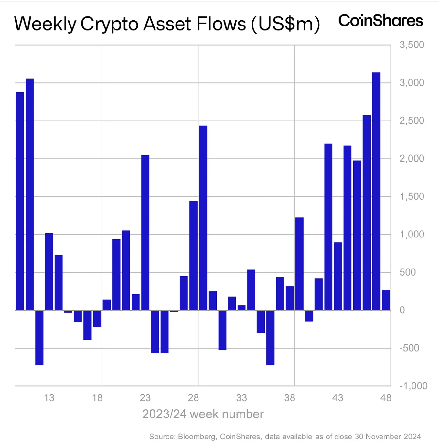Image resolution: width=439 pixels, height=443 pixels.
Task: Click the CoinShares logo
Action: point(380,21)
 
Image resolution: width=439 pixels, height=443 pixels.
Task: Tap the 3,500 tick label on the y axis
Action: point(412,45)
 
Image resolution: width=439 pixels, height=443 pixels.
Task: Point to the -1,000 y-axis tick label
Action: point(413,386)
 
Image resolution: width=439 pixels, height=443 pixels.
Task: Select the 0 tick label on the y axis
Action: point(402,310)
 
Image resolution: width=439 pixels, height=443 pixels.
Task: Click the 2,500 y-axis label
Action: point(412,121)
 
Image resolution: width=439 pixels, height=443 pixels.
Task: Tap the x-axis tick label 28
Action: point(193,398)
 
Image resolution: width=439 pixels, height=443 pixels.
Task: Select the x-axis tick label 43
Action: point(338,398)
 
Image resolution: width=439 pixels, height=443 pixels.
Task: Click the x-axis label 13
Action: point(49,398)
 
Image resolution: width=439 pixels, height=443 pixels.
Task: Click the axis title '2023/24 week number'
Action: point(203,414)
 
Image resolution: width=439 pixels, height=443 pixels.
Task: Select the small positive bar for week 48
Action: point(386,300)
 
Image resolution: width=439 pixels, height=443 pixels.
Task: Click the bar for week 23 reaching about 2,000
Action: point(145,233)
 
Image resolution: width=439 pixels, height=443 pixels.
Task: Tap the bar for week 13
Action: point(49,271)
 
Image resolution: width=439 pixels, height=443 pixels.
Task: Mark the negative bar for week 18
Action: point(97,319)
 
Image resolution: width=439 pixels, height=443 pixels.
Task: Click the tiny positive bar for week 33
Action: point(241,308)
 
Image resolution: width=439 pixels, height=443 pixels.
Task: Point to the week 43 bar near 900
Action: point(338,276)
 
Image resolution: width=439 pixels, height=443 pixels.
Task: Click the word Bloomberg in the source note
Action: point(197,437)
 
